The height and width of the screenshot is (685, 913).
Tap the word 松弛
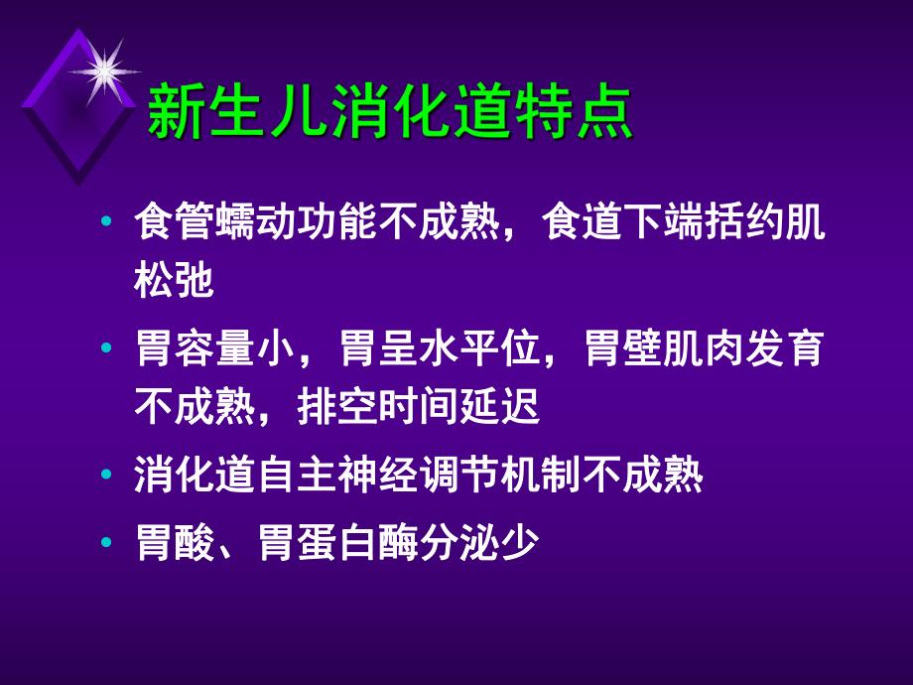pos(174,282)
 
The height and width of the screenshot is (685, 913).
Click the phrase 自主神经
pos(337,477)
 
